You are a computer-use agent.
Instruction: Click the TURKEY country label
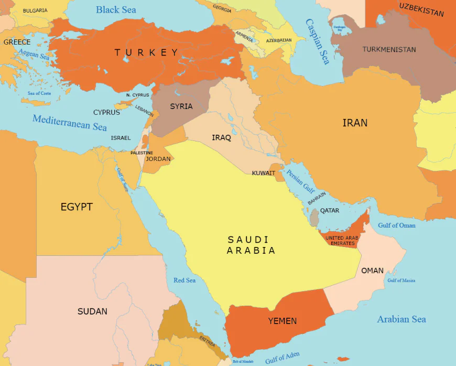point(147,52)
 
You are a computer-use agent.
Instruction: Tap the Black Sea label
point(116,10)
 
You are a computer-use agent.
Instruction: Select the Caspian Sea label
point(318,41)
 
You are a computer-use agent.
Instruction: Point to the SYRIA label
point(181,106)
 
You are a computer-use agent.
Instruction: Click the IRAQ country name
point(221,138)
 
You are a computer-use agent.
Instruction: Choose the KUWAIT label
point(264,173)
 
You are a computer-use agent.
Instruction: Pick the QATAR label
point(330,211)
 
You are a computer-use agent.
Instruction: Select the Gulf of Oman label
point(397,225)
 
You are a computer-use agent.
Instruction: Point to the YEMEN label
point(283,321)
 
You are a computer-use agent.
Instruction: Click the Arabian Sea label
point(401,319)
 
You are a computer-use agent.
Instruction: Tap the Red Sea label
point(184,281)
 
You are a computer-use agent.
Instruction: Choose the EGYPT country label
point(77,207)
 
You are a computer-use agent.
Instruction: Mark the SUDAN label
point(92,311)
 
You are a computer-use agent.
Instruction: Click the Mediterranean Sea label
point(70,122)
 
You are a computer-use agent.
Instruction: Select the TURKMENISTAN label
point(389,50)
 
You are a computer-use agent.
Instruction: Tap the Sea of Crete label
point(39,93)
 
